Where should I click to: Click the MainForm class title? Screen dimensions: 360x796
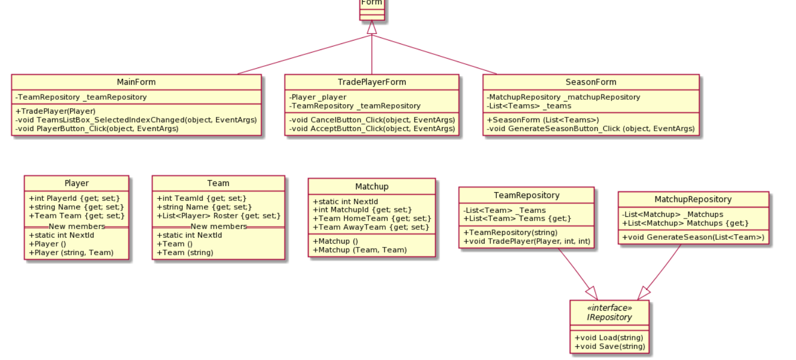[x=136, y=82]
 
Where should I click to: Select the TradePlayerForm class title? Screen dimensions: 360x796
[x=372, y=82]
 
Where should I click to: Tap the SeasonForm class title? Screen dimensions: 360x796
[x=591, y=82]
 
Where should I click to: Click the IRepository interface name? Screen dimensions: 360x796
[x=609, y=317]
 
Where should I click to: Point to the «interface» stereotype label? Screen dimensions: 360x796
[x=609, y=308]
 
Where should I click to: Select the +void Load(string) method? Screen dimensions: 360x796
[x=608, y=337]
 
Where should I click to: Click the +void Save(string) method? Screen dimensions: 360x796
[x=608, y=347]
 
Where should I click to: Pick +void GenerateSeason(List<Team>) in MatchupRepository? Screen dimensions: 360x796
[x=693, y=237]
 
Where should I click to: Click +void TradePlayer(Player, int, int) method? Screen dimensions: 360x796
[x=526, y=241]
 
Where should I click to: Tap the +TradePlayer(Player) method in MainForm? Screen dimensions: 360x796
[x=55, y=111]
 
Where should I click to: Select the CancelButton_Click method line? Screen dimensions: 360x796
[x=372, y=120]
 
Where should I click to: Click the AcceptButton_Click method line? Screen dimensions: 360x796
[x=372, y=129]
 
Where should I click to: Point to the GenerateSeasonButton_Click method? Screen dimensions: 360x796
[x=591, y=129]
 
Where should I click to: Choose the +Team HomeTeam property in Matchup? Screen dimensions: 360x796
[x=372, y=218]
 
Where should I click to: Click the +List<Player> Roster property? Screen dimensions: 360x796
[x=218, y=216]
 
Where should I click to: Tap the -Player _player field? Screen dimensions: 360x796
[x=318, y=97]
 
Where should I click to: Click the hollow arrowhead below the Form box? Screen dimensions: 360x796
[x=372, y=27]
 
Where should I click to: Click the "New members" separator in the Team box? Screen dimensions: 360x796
[x=218, y=226]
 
